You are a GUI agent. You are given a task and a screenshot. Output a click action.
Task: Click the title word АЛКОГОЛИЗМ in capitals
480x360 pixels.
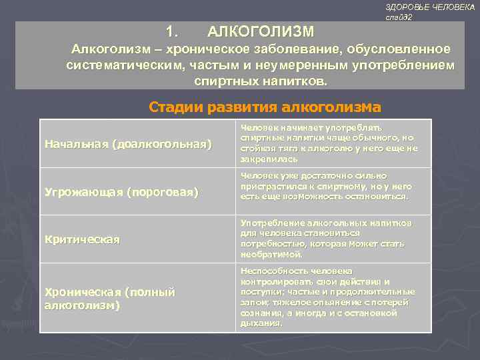point(260,31)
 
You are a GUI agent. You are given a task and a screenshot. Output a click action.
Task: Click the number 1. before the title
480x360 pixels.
point(173,31)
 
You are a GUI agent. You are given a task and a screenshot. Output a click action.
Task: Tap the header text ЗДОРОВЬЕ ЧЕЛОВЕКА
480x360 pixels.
point(430,6)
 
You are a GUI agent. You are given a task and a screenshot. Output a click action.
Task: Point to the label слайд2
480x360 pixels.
point(399,17)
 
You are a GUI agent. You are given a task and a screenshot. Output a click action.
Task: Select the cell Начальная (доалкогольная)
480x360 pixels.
point(127,143)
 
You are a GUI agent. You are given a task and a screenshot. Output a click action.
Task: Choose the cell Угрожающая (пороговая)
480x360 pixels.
point(121,192)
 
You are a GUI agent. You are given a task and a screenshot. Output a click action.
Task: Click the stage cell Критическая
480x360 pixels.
point(82,239)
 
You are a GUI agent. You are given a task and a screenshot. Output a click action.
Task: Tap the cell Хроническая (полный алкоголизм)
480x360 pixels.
point(109,299)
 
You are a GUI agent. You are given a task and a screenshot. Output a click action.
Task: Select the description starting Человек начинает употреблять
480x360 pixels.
point(329,143)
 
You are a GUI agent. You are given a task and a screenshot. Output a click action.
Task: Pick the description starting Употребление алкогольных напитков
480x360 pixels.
point(327,238)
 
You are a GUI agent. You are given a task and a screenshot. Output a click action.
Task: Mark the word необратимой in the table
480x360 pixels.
point(272,254)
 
